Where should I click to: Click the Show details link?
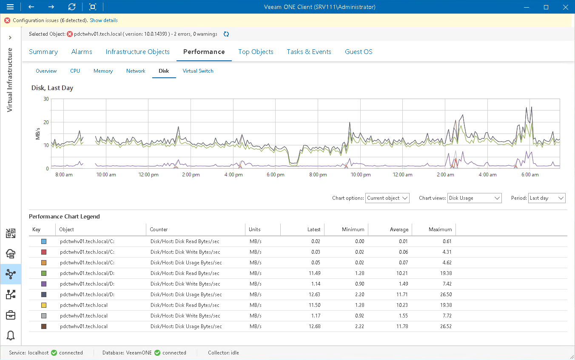tap(103, 20)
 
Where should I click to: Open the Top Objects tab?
tap(256, 52)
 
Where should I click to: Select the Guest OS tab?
tap(359, 52)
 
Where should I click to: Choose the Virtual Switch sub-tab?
tap(198, 71)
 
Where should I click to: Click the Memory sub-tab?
tap(103, 71)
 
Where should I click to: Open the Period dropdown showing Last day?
tap(547, 198)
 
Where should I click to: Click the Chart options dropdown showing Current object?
tap(387, 198)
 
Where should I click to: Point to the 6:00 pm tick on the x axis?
tap(276, 175)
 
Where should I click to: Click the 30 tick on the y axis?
tap(46, 99)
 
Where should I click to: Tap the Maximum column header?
tap(440, 230)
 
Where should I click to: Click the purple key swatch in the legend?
tap(44, 284)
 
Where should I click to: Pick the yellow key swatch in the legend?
tap(44, 305)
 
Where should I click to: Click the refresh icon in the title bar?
tap(72, 7)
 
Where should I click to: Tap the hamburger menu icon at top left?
tap(10, 7)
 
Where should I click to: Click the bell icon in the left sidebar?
tap(11, 335)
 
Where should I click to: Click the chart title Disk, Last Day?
tap(52, 88)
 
